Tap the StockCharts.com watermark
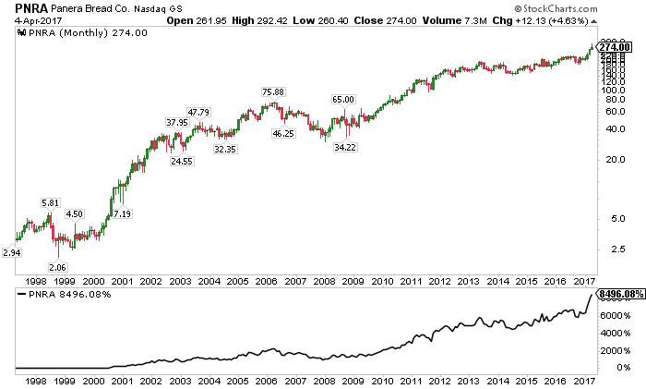592,9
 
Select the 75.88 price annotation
272,91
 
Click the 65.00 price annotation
342,99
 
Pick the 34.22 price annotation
345,147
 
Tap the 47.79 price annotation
199,113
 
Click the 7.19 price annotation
123,214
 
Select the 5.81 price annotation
51,202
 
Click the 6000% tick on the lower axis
615,316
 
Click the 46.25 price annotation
283,135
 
